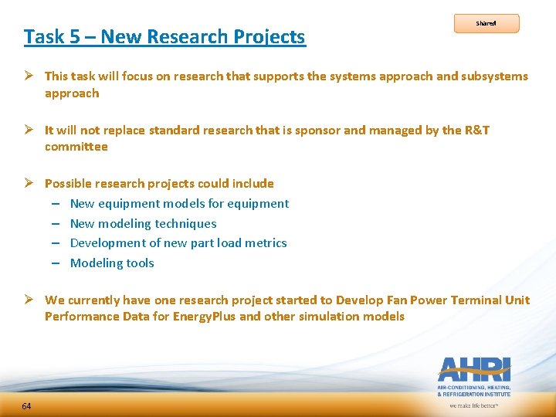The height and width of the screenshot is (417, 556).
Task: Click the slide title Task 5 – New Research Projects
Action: [x=164, y=36]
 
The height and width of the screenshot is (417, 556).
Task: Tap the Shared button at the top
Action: [x=486, y=23]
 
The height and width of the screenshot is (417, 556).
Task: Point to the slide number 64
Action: [x=27, y=406]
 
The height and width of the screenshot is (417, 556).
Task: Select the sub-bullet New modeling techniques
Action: [x=143, y=223]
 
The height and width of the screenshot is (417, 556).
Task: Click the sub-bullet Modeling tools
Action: [x=112, y=263]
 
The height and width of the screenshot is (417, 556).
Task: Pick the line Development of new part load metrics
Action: [x=178, y=242]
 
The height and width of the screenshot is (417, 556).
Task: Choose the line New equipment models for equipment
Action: [x=179, y=203]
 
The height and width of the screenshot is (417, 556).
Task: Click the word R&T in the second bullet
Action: [x=476, y=130]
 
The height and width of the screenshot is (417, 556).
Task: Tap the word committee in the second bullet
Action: [x=76, y=146]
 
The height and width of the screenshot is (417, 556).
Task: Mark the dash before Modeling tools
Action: [x=56, y=263]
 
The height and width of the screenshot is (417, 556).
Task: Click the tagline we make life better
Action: [x=473, y=405]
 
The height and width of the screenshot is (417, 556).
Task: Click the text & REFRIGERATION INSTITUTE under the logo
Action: [x=473, y=394]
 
